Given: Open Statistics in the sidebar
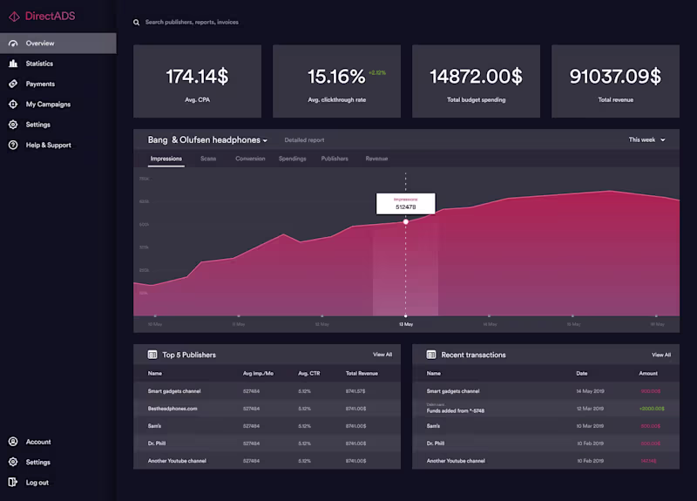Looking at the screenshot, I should point(39,64).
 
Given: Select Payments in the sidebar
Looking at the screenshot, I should point(40,84).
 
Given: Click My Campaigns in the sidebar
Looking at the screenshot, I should point(48,105).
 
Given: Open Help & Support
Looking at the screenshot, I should point(48,146).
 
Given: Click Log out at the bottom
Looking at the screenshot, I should point(37,483).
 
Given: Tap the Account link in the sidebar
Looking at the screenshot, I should point(38,442).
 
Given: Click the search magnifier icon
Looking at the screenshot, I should point(137,22).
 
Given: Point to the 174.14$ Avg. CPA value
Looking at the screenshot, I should point(197,77).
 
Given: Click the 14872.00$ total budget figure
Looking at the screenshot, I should point(476,77).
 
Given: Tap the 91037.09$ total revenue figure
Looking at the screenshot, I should point(615,77).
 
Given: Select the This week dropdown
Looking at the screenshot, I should point(647,139).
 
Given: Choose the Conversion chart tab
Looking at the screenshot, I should point(250,159).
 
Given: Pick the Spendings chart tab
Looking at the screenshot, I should point(292,159).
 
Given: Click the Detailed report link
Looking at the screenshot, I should point(304,139).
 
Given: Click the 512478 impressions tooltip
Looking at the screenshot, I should point(405,204).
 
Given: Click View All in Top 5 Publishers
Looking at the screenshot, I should point(382,355).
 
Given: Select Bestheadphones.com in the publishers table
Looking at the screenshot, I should point(173,408).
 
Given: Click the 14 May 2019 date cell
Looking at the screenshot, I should point(593,391).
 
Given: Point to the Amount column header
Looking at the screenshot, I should point(648,373).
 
